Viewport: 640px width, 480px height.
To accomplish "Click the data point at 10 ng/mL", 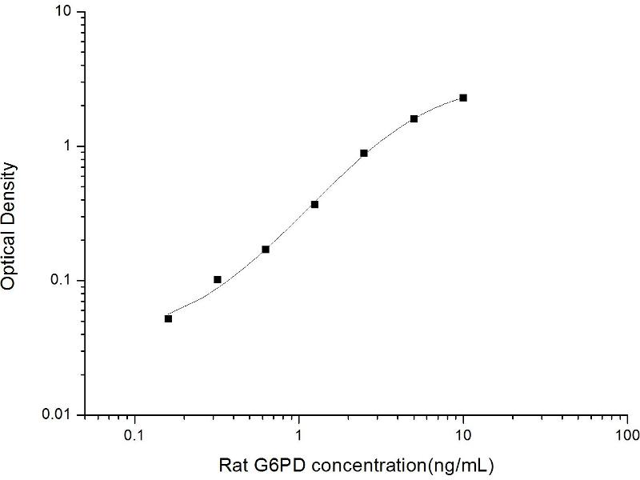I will [463, 98].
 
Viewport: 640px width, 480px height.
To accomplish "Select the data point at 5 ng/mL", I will [414, 118].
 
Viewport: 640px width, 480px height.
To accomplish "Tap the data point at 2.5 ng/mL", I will [364, 153].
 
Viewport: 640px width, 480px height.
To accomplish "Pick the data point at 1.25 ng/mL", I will [314, 204].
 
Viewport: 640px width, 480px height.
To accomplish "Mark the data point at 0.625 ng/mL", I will [266, 249].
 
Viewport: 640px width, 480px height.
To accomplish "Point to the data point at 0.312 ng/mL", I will [217, 279].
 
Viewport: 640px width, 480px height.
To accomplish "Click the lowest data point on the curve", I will [168, 318].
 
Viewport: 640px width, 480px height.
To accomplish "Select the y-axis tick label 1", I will [68, 147].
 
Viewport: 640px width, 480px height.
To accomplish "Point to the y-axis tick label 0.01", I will [58, 415].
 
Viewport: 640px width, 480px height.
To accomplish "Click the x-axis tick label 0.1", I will [134, 438].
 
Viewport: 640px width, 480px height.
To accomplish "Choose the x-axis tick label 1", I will [299, 438].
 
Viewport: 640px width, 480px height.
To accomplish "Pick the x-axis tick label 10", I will [463, 438].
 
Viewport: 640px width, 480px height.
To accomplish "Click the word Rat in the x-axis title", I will [231, 464].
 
